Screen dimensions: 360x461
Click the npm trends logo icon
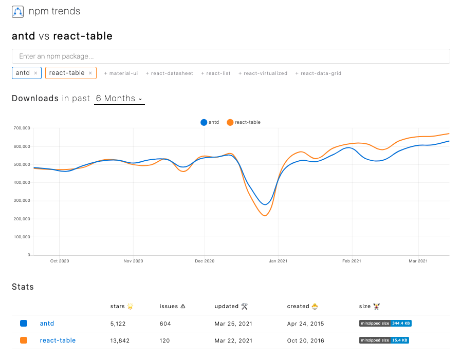click(x=17, y=11)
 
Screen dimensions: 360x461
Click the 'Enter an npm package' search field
click(x=231, y=56)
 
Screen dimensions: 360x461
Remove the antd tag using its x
click(x=35, y=73)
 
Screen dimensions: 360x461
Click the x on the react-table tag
click(x=90, y=73)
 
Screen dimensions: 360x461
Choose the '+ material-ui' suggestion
click(x=121, y=73)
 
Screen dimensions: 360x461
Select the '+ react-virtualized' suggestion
click(x=263, y=73)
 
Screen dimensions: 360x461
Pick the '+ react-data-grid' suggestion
click(x=318, y=73)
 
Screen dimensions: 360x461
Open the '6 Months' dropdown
click(x=119, y=99)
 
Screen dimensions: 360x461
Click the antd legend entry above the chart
click(x=210, y=122)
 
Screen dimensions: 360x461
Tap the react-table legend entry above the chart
click(x=244, y=122)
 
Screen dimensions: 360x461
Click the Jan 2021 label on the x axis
click(x=278, y=261)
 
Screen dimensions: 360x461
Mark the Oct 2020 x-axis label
click(x=60, y=261)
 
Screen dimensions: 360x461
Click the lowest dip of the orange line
click(x=265, y=216)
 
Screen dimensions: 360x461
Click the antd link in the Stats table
click(x=47, y=324)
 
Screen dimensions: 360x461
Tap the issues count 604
click(x=165, y=324)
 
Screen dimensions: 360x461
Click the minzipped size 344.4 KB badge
click(x=385, y=324)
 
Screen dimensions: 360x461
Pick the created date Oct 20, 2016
click(x=305, y=340)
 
